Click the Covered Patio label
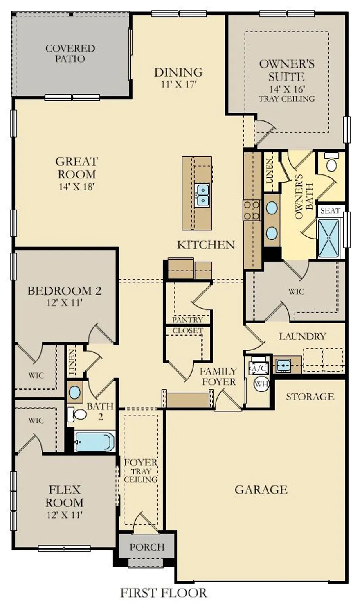coord(70,54)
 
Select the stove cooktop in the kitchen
coord(252,210)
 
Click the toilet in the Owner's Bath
coord(331,164)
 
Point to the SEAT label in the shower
coord(330,211)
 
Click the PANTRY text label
coord(187,319)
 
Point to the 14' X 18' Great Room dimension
coord(76,187)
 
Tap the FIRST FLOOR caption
coord(164,592)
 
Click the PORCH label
coord(147,547)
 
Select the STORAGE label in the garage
coord(310,396)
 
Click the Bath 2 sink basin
coord(74,392)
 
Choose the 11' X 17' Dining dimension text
coord(178,85)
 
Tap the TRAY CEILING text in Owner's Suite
coord(287,99)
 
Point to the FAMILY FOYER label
coord(218,376)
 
